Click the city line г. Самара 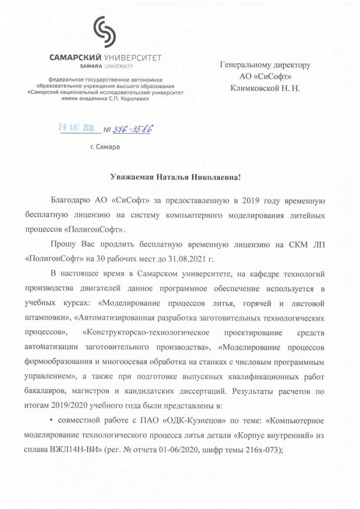(x=105, y=147)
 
